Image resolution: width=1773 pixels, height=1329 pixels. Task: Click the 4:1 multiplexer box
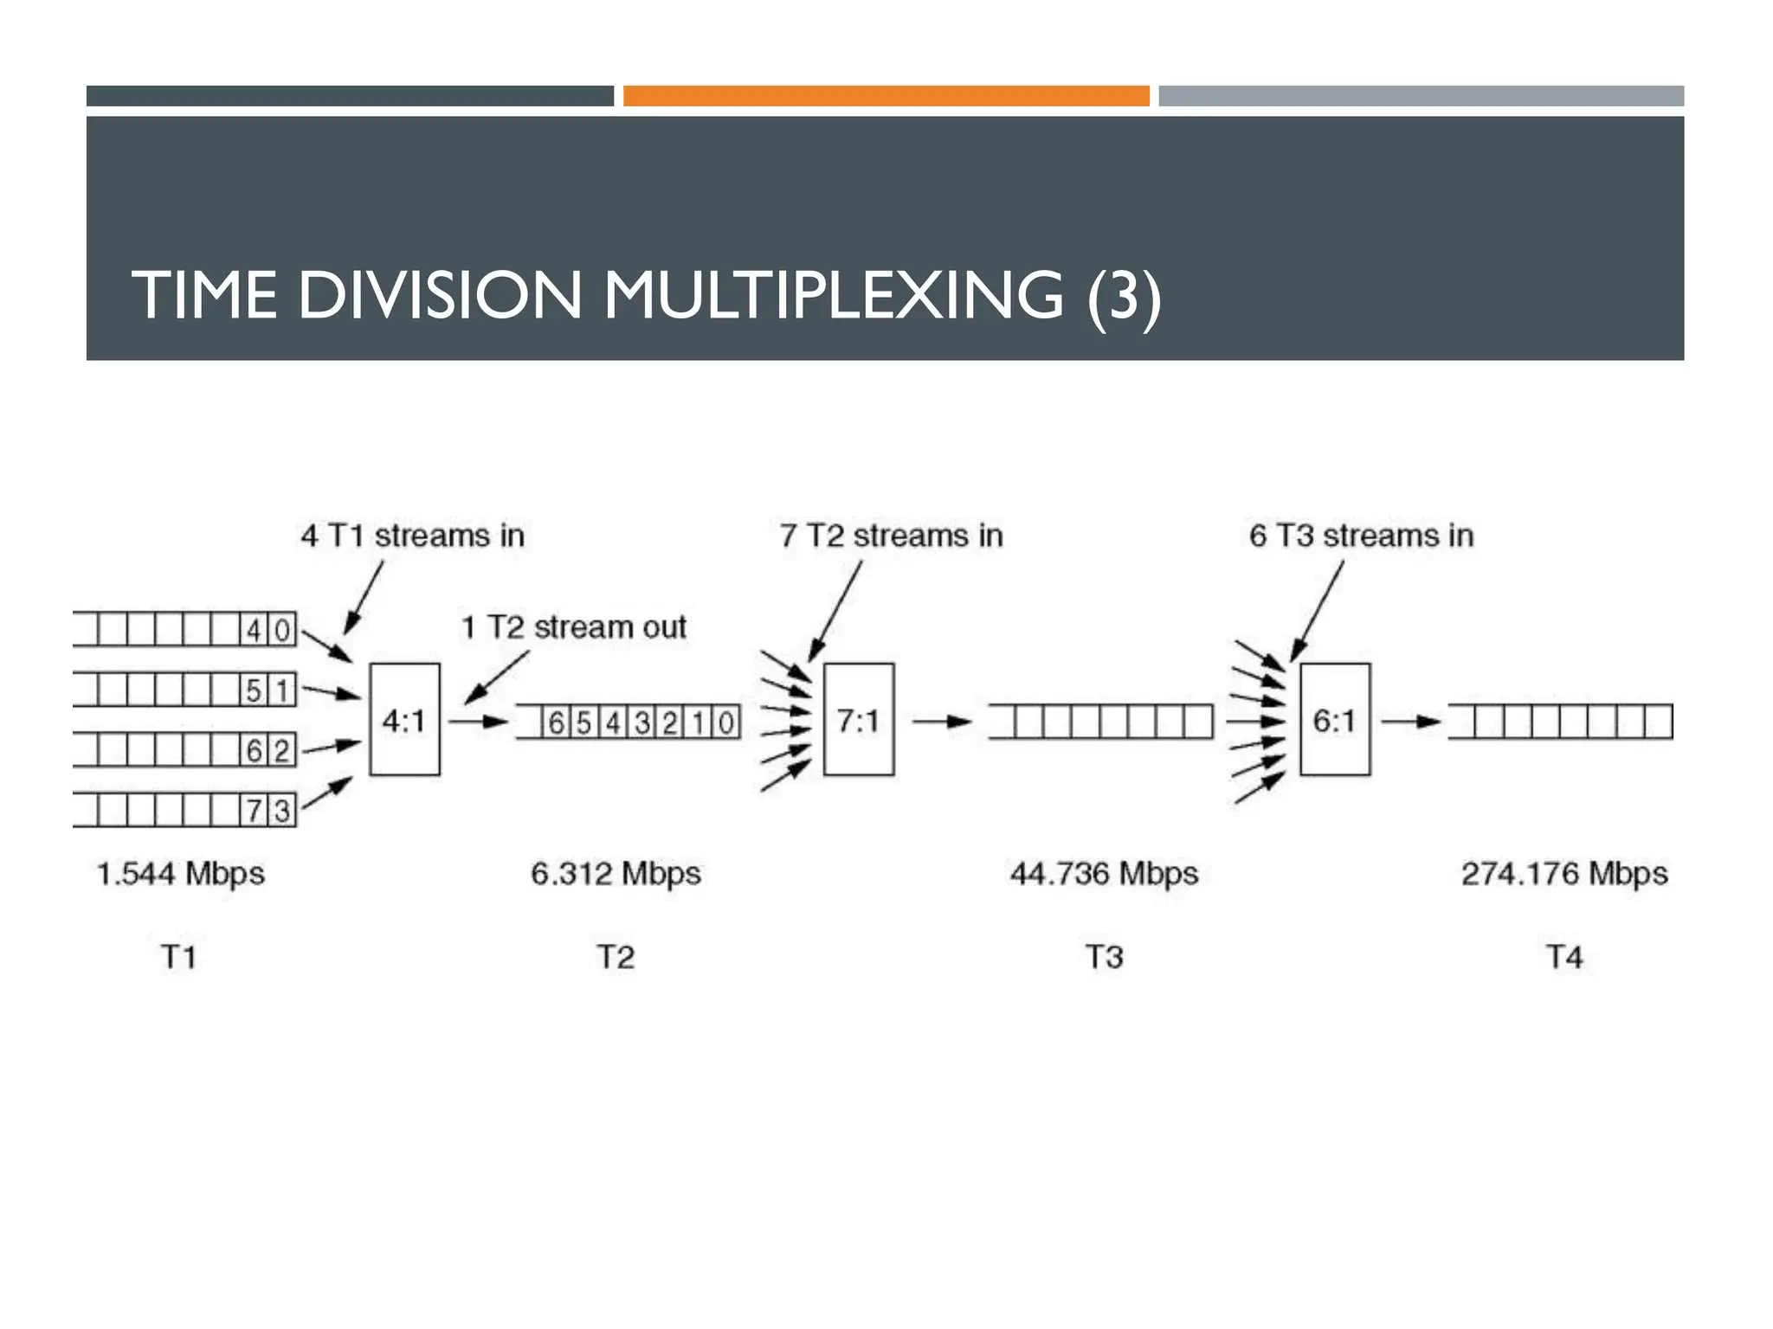404,719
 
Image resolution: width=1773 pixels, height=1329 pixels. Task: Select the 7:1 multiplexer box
858,719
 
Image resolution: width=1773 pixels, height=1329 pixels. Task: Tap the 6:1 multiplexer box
1334,719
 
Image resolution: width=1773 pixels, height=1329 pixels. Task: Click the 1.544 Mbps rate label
180,873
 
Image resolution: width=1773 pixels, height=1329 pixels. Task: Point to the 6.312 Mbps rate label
616,873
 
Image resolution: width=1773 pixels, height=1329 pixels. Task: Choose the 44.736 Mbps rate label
1104,873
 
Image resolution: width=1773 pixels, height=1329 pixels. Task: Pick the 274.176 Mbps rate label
1564,873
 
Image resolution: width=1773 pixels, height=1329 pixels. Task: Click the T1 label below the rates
179,957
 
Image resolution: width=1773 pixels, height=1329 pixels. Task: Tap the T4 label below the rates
1564,957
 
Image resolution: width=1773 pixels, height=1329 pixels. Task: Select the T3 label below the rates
1104,957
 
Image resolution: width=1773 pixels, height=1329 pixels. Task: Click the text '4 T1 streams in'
412,536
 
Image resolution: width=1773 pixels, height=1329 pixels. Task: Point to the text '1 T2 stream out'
573,626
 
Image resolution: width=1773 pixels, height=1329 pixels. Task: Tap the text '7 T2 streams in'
891,536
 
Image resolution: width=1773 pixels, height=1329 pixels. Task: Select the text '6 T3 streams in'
1361,536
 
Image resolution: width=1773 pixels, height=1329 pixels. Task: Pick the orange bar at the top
886,95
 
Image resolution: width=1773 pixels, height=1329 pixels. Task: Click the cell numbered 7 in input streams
254,811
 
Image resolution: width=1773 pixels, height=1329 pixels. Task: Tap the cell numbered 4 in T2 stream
613,722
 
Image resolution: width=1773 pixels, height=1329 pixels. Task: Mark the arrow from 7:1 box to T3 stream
942,721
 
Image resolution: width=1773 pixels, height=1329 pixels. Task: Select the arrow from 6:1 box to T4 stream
1410,721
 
